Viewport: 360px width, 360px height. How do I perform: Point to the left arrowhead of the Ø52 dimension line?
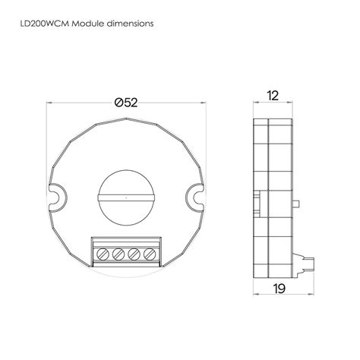click(x=49, y=103)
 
